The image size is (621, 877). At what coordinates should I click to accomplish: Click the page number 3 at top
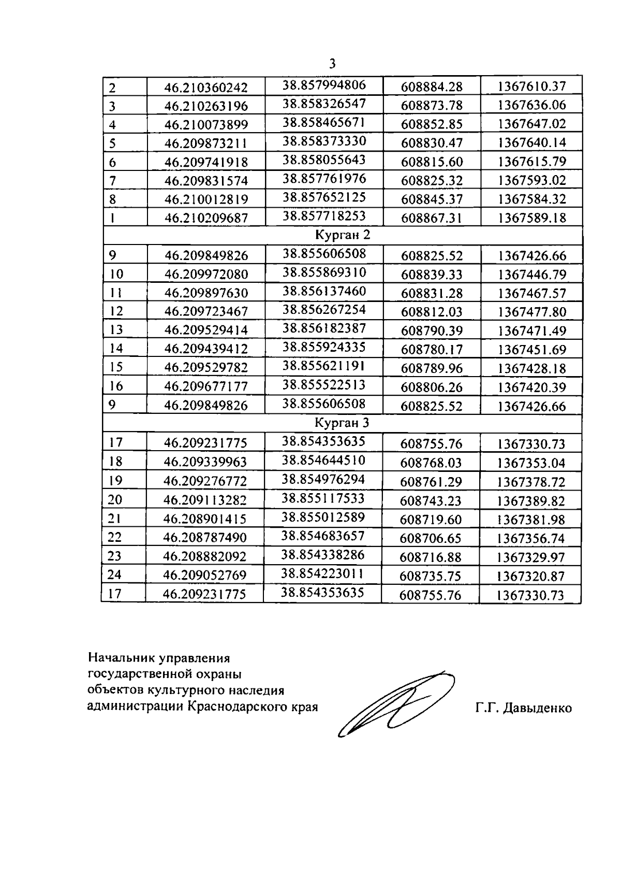pyautogui.click(x=332, y=64)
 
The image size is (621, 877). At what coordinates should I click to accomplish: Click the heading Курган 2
pyautogui.click(x=343, y=235)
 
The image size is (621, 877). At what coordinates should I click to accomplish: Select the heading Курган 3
pyautogui.click(x=342, y=423)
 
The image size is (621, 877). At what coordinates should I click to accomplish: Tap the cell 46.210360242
pyautogui.click(x=206, y=87)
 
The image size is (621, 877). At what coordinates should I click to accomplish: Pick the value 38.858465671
pyautogui.click(x=324, y=122)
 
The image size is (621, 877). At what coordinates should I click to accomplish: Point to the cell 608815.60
pyautogui.click(x=432, y=162)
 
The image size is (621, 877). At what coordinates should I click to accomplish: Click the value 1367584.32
pyautogui.click(x=532, y=199)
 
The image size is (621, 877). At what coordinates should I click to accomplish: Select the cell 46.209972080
pyautogui.click(x=206, y=274)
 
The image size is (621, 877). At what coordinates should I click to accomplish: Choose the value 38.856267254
pyautogui.click(x=324, y=310)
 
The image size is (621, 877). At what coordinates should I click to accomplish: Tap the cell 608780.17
pyautogui.click(x=432, y=350)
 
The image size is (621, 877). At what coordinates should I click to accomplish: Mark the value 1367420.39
pyautogui.click(x=532, y=387)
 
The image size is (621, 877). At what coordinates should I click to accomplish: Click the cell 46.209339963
pyautogui.click(x=205, y=462)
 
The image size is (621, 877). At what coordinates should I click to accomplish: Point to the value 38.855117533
pyautogui.click(x=323, y=498)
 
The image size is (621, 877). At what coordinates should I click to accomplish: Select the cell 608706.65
pyautogui.click(x=431, y=538)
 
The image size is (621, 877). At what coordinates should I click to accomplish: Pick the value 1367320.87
pyautogui.click(x=530, y=576)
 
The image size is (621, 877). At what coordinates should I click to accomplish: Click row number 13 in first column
pyautogui.click(x=116, y=330)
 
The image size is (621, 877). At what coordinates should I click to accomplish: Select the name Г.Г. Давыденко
pyautogui.click(x=524, y=708)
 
